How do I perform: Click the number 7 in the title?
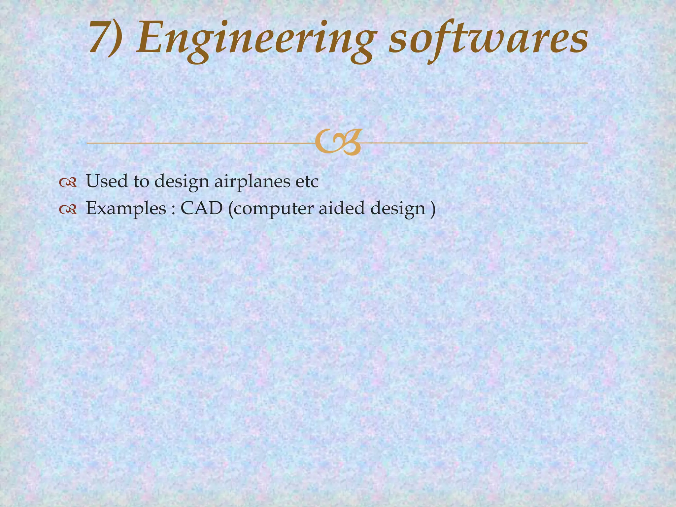(100, 37)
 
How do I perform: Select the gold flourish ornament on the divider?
(337, 143)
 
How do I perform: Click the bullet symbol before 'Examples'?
(68, 209)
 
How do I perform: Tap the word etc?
(305, 182)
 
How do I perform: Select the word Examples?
(126, 209)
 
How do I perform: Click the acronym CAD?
(201, 208)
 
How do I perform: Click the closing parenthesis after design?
(433, 209)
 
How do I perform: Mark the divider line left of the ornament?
(198, 143)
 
